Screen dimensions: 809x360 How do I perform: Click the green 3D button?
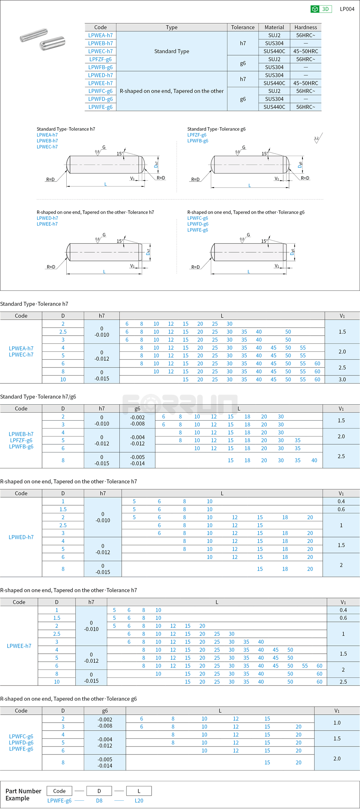click(x=321, y=9)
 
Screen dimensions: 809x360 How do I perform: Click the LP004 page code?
click(x=347, y=9)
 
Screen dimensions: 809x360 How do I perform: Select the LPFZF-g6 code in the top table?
click(x=100, y=59)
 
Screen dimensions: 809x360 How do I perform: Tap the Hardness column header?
click(x=305, y=27)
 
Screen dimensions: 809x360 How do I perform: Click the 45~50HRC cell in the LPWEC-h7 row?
click(x=305, y=51)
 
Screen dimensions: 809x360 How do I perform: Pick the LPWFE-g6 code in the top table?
click(x=100, y=107)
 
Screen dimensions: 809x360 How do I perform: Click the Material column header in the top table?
click(x=274, y=27)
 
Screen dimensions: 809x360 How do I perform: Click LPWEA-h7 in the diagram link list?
click(x=47, y=135)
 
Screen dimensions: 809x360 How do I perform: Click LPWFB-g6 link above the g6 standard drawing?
click(x=198, y=141)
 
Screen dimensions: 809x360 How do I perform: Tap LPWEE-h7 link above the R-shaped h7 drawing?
click(x=47, y=224)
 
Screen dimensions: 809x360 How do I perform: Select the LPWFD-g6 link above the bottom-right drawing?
click(x=198, y=224)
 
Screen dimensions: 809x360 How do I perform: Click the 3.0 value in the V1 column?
click(x=342, y=379)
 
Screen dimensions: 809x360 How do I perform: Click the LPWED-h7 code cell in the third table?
click(x=21, y=537)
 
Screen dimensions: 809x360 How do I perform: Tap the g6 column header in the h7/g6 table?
click(x=137, y=408)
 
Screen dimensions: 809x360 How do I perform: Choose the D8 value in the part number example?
click(x=99, y=801)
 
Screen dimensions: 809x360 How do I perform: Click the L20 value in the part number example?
click(x=139, y=801)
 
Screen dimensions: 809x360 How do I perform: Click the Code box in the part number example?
click(x=59, y=791)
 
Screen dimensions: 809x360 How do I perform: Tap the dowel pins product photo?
click(x=42, y=39)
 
